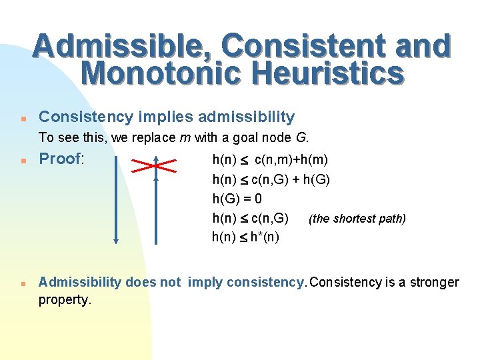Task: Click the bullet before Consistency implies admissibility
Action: pyautogui.click(x=23, y=118)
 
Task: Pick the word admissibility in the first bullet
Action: pyautogui.click(x=249, y=117)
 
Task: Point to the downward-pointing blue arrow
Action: pyautogui.click(x=116, y=200)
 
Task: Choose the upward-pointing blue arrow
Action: pyautogui.click(x=155, y=200)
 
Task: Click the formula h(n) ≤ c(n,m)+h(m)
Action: pyautogui.click(x=269, y=160)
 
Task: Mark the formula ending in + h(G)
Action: pyautogui.click(x=271, y=179)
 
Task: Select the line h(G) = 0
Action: pyautogui.click(x=237, y=199)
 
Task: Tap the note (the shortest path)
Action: pyautogui.click(x=357, y=219)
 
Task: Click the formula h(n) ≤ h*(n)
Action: pyautogui.click(x=245, y=237)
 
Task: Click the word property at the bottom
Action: pyautogui.click(x=64, y=300)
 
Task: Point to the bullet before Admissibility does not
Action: pyautogui.click(x=23, y=283)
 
